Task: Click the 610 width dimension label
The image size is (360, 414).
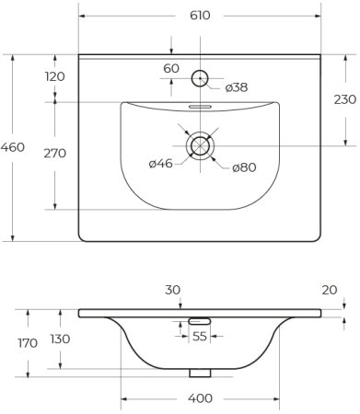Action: tap(200, 15)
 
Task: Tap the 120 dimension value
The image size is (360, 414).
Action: tap(54, 76)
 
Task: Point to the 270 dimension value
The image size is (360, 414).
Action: tap(54, 153)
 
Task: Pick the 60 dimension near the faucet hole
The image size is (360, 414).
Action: tap(171, 69)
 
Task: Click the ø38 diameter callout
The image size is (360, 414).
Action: tap(236, 87)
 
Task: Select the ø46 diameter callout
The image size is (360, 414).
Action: tap(161, 164)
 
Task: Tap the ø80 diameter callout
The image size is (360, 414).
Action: tap(243, 167)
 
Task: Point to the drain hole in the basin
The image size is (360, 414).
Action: tap(200, 145)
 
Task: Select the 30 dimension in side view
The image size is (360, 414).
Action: tap(172, 290)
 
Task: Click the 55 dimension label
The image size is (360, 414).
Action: tap(200, 337)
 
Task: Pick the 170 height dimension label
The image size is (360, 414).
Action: tap(28, 343)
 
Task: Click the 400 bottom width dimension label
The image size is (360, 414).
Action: tap(201, 397)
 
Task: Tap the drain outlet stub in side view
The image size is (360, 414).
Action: tap(200, 373)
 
